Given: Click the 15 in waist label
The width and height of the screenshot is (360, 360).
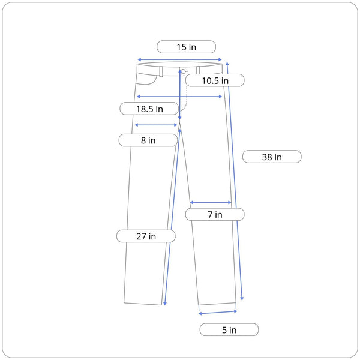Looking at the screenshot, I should tap(185, 47).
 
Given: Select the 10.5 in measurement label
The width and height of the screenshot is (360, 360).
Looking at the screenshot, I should tap(214, 80).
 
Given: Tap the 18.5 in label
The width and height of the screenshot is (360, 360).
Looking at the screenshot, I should tap(149, 109).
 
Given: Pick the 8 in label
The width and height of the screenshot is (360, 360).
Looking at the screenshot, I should tap(148, 140).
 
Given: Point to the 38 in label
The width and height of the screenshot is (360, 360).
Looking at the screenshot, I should tap(272, 157).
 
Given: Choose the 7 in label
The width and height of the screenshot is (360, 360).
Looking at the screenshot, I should tap(214, 214).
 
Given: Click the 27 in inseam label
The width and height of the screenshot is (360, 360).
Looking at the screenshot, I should tap(146, 236).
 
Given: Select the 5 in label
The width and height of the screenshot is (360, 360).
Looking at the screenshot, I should tap(229, 329).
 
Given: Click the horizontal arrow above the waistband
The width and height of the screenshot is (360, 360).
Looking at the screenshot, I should tap(180, 60).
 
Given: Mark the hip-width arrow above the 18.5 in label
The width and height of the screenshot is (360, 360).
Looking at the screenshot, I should tap(179, 96).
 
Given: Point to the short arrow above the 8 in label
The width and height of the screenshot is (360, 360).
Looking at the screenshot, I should tap(156, 125).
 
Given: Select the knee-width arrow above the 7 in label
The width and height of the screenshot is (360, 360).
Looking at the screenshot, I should tap(211, 203).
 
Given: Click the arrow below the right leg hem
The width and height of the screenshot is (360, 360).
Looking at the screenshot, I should tap(217, 312).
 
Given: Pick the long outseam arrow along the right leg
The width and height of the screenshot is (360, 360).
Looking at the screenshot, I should tap(235, 180).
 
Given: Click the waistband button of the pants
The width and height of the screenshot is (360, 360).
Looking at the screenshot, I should tap(183, 71).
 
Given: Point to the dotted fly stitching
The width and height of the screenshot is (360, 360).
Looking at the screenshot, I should tap(187, 99).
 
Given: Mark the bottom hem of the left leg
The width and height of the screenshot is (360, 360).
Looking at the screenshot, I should tap(144, 304).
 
